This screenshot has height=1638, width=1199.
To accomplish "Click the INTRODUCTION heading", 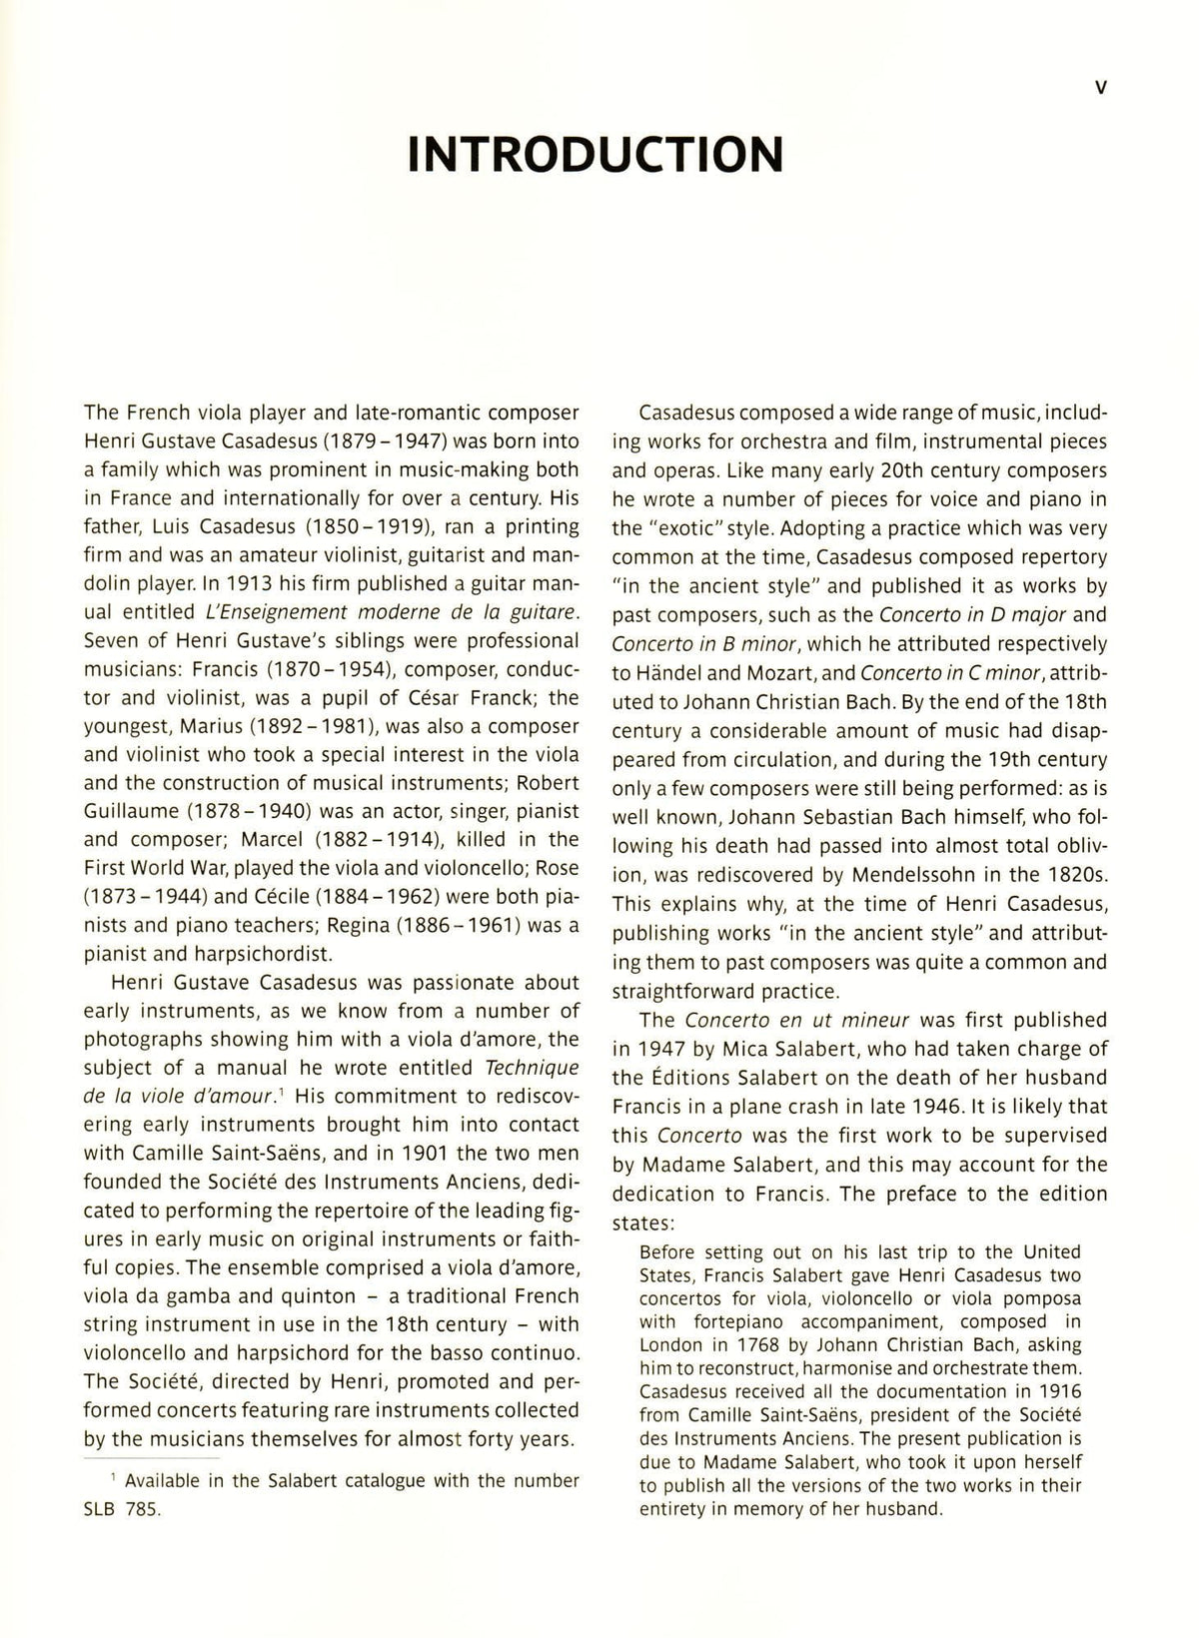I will point(597,155).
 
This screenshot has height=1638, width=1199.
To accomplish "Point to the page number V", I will point(1100,88).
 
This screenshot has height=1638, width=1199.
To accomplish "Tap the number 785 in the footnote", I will point(141,1509).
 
